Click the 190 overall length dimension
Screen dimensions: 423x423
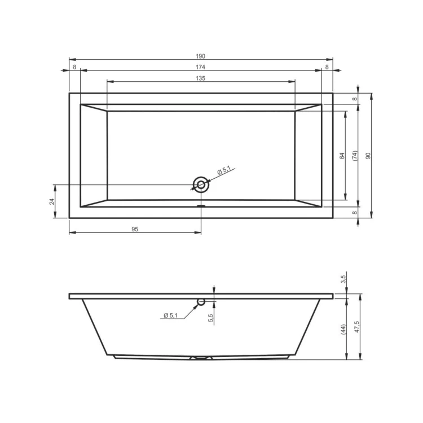[200, 56]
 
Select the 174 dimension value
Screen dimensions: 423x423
[200, 67]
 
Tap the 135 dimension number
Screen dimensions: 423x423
[200, 78]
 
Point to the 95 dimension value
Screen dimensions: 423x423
[135, 230]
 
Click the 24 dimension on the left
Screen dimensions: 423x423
[52, 201]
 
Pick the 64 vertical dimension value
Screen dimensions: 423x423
[342, 156]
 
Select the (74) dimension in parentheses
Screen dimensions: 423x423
[355, 156]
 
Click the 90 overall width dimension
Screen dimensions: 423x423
[368, 156]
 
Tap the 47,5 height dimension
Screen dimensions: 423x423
[357, 327]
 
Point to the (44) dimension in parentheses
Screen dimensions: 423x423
[343, 329]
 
